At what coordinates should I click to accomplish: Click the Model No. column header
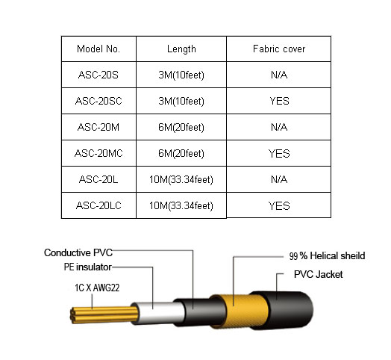(x=98, y=49)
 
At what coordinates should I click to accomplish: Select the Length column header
(x=181, y=49)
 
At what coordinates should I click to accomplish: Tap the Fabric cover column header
(x=279, y=49)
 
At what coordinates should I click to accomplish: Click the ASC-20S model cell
(x=98, y=75)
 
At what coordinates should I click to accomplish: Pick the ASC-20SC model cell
(x=98, y=101)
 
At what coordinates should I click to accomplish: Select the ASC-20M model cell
(x=98, y=127)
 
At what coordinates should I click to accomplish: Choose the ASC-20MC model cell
(x=98, y=153)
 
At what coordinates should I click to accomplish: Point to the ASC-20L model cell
(x=98, y=179)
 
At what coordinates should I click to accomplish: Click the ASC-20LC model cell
(x=98, y=205)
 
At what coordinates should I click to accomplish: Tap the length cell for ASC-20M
(x=181, y=127)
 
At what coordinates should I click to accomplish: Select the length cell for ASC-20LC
(x=181, y=206)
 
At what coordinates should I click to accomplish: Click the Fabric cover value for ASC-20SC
(x=279, y=101)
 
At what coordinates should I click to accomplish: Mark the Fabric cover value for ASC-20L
(x=279, y=179)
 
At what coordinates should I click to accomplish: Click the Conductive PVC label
(x=78, y=252)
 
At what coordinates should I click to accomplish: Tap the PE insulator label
(x=88, y=267)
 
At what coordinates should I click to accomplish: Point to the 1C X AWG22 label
(x=97, y=288)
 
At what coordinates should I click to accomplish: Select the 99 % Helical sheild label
(x=327, y=256)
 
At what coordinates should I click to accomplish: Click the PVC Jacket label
(x=318, y=274)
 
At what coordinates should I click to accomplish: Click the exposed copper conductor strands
(x=104, y=315)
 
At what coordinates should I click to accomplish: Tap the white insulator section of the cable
(x=158, y=313)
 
